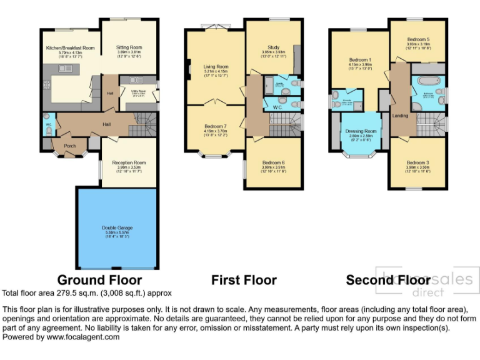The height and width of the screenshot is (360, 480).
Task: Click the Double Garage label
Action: (117, 228)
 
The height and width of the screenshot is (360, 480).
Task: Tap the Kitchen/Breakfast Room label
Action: (70, 48)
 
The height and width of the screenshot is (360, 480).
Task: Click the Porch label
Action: (70, 146)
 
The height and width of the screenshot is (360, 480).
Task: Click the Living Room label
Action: (216, 67)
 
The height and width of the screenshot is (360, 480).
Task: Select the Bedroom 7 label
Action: (216, 127)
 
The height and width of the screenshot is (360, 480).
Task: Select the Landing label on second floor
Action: (400, 116)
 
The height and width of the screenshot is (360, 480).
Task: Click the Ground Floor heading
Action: (99, 279)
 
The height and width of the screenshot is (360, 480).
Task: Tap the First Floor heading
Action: (244, 279)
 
